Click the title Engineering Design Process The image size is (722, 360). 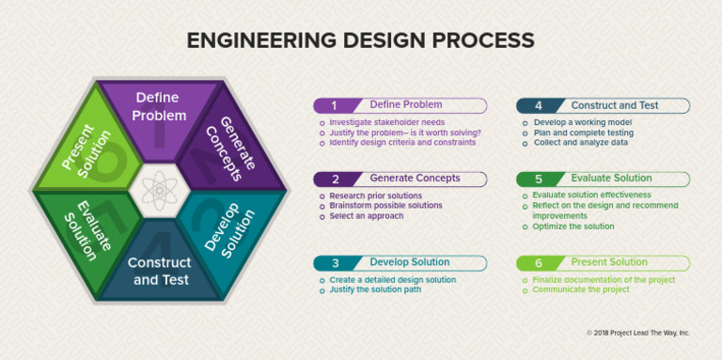tap(361, 40)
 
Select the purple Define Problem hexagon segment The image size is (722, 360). tap(160, 108)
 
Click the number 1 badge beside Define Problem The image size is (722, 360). tap(334, 106)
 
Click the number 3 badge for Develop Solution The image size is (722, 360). tap(334, 263)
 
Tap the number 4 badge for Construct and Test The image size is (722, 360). tap(538, 106)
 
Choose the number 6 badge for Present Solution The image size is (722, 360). tap(538, 263)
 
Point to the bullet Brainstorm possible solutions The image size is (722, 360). tap(385, 206)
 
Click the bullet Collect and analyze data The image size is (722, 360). tap(579, 142)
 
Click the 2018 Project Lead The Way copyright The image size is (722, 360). tap(637, 333)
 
